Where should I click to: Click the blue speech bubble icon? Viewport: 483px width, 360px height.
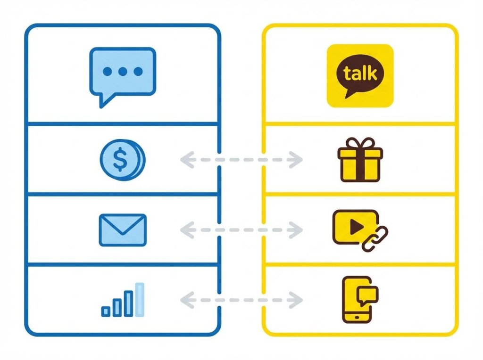coord(122,73)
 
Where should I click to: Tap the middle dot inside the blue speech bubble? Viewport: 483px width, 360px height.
coord(122,72)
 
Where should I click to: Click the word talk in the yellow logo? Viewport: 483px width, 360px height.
coord(360,74)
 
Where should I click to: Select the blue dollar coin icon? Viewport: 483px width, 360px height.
coord(122,160)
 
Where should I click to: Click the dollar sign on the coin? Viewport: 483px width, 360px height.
coord(120,161)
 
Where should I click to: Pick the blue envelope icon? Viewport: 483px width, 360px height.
coord(123,230)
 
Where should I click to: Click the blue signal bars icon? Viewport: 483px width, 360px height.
coord(123,300)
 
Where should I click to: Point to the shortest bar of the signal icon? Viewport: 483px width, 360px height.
coord(106,311)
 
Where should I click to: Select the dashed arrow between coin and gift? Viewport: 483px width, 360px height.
coord(241,160)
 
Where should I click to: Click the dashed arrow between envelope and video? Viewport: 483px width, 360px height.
coord(241,230)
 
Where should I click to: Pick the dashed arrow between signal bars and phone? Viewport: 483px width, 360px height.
coord(241,299)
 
